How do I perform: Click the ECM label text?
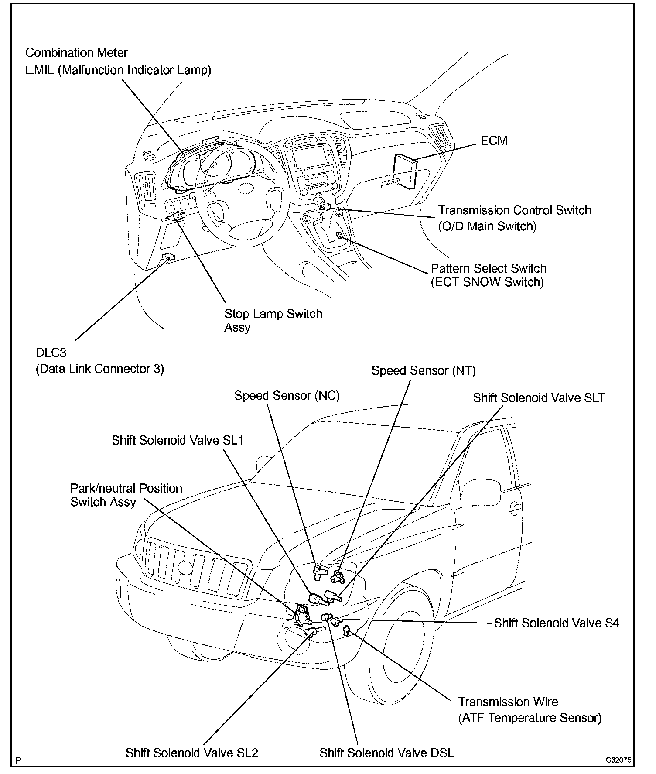coord(494,141)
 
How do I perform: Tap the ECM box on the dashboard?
coord(405,171)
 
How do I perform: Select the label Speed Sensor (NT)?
coord(424,371)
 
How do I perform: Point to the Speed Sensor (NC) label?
coord(287,396)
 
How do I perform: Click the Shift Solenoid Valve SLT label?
coord(539,398)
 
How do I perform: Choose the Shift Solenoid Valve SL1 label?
coord(177,440)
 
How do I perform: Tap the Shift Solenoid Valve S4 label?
coord(556,623)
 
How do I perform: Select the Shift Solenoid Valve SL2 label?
coord(191,753)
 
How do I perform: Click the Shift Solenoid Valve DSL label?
coord(386,753)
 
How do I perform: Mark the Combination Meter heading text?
coord(76,53)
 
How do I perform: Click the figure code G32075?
coord(618,760)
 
